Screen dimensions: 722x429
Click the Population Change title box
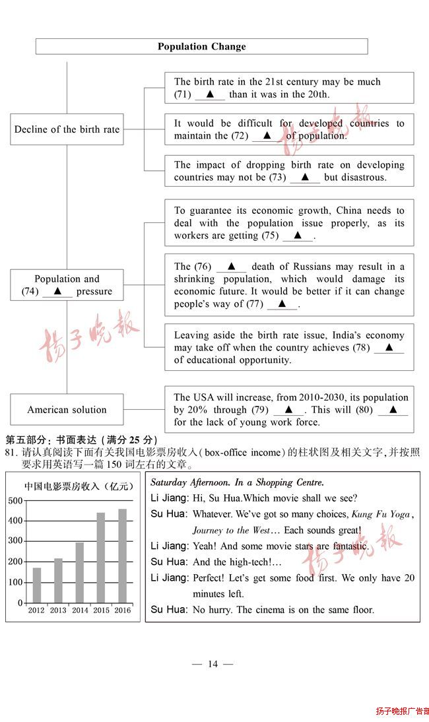[x=201, y=46]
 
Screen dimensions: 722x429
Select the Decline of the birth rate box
[x=67, y=129]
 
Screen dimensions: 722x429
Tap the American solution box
[x=67, y=410]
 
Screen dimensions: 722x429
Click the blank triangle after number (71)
[x=210, y=94]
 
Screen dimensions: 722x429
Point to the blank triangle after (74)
[x=57, y=291]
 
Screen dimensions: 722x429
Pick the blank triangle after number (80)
[x=393, y=410]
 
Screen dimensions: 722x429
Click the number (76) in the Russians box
[x=203, y=267]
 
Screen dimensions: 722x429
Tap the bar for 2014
[x=80, y=572]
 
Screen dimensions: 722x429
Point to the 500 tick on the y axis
[x=15, y=500]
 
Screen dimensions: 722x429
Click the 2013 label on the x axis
[x=58, y=610]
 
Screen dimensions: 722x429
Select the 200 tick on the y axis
[x=15, y=562]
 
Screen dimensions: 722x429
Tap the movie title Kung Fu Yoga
[x=381, y=514]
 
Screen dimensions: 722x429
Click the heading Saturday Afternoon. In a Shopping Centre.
[x=237, y=482]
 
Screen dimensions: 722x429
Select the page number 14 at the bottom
[x=213, y=664]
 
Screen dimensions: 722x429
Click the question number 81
[x=11, y=452]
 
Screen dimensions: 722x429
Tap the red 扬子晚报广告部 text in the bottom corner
[x=402, y=711]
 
